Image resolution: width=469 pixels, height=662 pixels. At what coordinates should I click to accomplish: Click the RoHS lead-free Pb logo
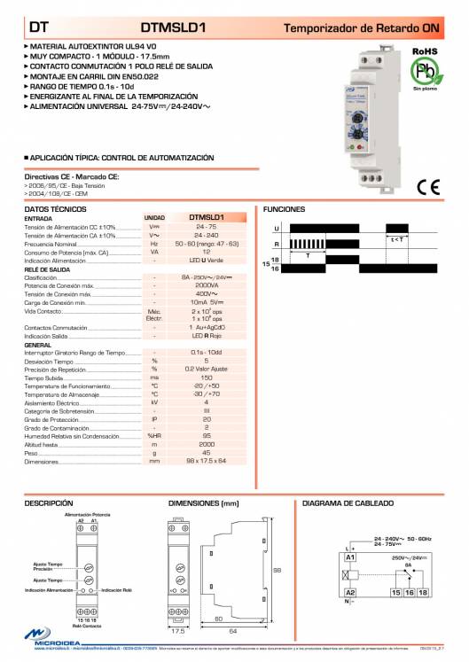coord(424,69)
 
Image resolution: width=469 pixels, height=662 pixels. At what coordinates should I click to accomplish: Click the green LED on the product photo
coord(353,116)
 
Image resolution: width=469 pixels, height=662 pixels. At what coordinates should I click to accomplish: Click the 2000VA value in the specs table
coord(207,286)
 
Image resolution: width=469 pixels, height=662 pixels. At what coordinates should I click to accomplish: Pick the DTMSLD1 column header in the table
coord(207,217)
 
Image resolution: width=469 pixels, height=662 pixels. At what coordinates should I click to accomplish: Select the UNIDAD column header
coord(154,217)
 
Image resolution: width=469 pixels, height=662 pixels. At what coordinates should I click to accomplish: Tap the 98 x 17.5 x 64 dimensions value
coord(207,461)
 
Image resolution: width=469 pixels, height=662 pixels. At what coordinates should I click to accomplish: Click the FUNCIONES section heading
coord(284,209)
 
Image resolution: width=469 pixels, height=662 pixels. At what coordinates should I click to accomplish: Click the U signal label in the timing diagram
coord(277,229)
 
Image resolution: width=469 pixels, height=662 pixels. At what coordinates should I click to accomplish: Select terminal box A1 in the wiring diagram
coord(350,557)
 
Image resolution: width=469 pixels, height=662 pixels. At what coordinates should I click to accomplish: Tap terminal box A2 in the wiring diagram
coord(350,591)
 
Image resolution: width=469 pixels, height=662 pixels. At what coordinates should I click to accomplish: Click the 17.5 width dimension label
coord(177,632)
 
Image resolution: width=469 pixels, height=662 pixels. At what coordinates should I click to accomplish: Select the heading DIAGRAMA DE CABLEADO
coord(348,502)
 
